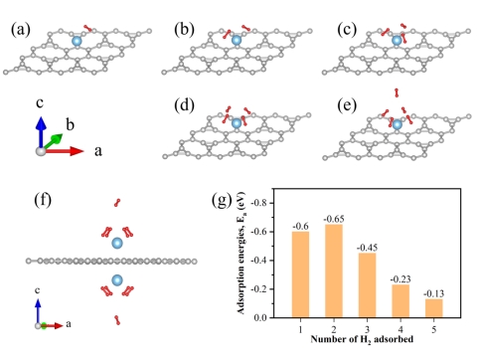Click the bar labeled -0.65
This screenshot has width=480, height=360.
coord(334,270)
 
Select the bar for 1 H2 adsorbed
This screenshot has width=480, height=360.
coord(300,274)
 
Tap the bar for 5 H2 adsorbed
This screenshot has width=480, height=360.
coord(434,308)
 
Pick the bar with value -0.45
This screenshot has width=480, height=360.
coord(367,285)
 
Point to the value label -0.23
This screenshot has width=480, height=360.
coord(400,279)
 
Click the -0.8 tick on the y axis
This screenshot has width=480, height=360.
coord(258,203)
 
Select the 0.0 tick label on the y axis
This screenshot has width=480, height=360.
coord(260,317)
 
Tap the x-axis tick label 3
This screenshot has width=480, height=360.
coord(367,329)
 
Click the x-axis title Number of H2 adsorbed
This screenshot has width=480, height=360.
coord(362,339)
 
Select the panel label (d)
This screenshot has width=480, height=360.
coord(184,105)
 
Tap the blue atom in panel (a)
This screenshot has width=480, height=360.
coord(77,41)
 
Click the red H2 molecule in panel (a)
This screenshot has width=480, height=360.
coord(87,28)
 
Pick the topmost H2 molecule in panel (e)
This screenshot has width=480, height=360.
coord(397,92)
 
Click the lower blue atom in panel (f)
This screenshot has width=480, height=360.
coord(117,280)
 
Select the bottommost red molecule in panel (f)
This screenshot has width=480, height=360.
coord(117,320)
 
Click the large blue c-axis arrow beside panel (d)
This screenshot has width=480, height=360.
coord(41,132)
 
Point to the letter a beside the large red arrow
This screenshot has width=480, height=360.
coord(98,151)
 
